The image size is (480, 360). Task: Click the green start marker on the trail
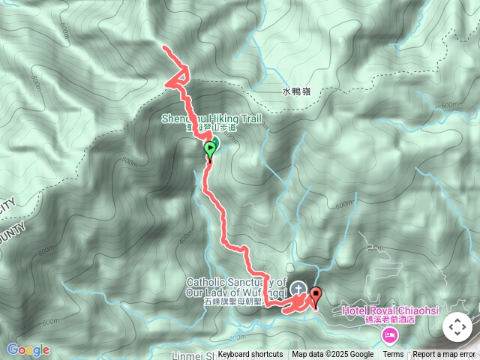pos(210,148)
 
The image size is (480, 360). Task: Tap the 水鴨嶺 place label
pos(296,91)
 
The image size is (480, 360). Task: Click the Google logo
pos(28,350)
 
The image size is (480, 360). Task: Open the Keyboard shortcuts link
pos(250,355)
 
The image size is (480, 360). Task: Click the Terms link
pos(393,355)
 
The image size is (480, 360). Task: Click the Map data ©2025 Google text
pos(333,355)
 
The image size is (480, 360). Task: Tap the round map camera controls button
pos(457,327)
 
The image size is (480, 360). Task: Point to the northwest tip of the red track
pos(165,48)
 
